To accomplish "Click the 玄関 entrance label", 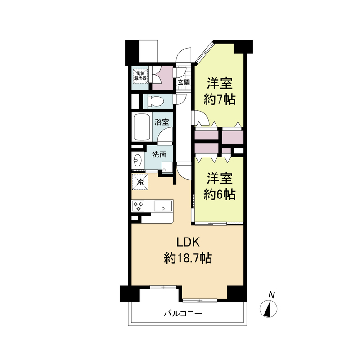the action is pyautogui.click(x=184, y=82).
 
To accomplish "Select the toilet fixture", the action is pyautogui.click(x=155, y=101).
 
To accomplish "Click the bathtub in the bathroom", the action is pyautogui.click(x=142, y=127).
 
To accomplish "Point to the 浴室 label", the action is pyautogui.click(x=162, y=122).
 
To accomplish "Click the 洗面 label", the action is pyautogui.click(x=159, y=154).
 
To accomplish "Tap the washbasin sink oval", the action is pyautogui.click(x=138, y=160).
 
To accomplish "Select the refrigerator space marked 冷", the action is pyautogui.click(x=140, y=182).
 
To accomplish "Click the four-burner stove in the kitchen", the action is pyautogui.click(x=138, y=206).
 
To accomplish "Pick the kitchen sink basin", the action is pyautogui.click(x=163, y=206).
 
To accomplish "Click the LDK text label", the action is pyautogui.click(x=188, y=243).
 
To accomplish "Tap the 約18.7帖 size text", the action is pyautogui.click(x=188, y=258).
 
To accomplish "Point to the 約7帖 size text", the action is pyautogui.click(x=220, y=99).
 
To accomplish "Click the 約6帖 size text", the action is pyautogui.click(x=220, y=194).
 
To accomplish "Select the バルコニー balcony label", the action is pyautogui.click(x=183, y=313).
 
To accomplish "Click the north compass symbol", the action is pyautogui.click(x=268, y=309).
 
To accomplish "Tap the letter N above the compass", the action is pyautogui.click(x=272, y=295).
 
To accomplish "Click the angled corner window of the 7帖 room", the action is pyautogui.click(x=204, y=53).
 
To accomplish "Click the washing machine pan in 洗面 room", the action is pyautogui.click(x=167, y=167).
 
